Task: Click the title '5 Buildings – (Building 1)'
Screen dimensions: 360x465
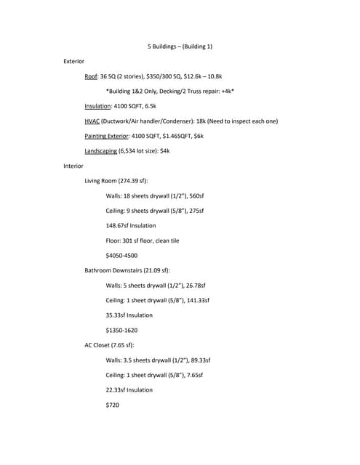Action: (x=180, y=46)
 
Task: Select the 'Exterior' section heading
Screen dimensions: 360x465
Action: (x=74, y=61)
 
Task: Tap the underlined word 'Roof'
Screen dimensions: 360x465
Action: (x=91, y=76)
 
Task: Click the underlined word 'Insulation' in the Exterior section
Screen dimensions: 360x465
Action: (x=97, y=106)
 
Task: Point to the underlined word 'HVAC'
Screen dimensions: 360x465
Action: (x=92, y=121)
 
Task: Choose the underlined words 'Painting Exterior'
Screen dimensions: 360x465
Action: (x=106, y=136)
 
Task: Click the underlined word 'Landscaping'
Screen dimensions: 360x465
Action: (x=100, y=150)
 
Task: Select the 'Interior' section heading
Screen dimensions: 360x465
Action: (x=73, y=166)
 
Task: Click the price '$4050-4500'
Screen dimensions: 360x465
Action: (x=121, y=256)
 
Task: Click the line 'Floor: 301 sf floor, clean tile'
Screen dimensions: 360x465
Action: (x=147, y=240)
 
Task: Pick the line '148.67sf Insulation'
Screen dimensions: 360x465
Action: (x=131, y=225)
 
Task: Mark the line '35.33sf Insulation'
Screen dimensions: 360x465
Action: (x=129, y=315)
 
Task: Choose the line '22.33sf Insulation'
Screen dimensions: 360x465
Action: (x=129, y=390)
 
